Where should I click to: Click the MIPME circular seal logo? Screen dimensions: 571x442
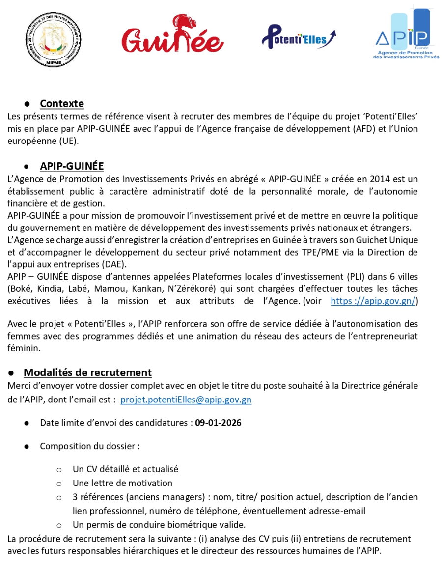[x=53, y=39]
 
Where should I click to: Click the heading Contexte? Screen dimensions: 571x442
[x=62, y=104]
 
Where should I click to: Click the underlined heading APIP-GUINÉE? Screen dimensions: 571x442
[x=72, y=166]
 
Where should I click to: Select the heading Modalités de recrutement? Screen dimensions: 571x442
[x=87, y=372]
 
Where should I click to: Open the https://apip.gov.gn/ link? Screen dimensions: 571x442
[x=373, y=301]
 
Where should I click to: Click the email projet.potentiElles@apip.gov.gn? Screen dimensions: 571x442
[x=186, y=400]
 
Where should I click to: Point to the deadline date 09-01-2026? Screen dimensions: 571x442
[x=218, y=423]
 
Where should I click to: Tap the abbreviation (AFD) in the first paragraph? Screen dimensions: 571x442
[x=351, y=130]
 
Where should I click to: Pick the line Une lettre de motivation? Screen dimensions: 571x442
[x=122, y=483]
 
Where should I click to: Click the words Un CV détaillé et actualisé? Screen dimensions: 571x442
[x=125, y=469]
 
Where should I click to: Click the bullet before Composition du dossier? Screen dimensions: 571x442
[x=28, y=447]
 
